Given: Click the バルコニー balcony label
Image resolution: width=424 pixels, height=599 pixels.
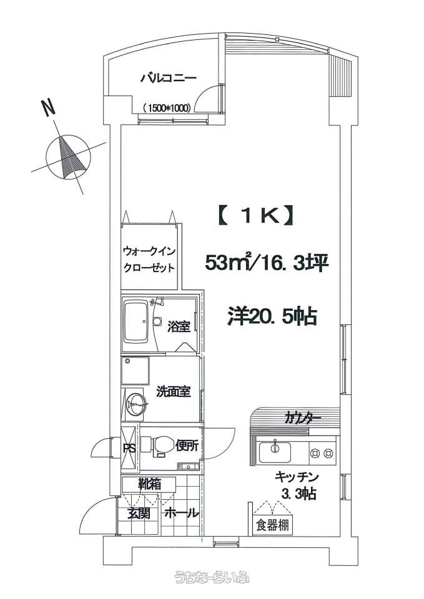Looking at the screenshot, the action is pos(169,79).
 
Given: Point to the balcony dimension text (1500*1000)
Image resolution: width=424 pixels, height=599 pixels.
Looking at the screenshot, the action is pos(167,108).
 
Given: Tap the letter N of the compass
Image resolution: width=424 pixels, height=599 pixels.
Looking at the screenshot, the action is pos(48,107).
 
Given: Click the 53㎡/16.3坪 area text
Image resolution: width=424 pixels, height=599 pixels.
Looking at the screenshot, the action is pos(267,263).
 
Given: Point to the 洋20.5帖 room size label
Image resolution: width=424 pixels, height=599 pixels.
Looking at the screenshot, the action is pos(272,317).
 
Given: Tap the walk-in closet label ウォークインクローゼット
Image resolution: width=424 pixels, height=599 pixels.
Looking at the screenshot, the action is pos(149,259).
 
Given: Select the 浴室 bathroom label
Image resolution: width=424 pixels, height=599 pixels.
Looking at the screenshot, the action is pos(179,326).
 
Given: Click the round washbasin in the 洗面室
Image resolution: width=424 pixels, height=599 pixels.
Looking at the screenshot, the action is pos(136,402).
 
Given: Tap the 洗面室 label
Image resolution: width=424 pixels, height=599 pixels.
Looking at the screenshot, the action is pos(173,392).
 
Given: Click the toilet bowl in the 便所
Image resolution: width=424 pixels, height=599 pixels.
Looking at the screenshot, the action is pos(160,446).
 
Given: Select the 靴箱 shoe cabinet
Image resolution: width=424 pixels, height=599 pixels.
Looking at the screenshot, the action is pos(149,484).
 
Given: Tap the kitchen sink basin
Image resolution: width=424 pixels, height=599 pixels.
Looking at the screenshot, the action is pos(274,452).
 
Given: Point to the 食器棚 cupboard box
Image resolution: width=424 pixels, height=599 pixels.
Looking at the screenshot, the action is pos(273,526).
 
